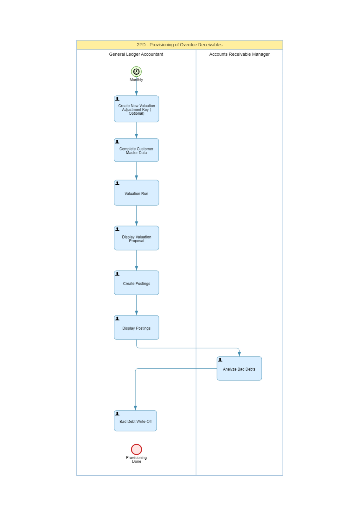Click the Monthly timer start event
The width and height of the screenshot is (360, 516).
[136, 72]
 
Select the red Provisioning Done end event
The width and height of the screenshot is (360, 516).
[137, 449]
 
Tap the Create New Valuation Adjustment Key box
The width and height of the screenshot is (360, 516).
[137, 109]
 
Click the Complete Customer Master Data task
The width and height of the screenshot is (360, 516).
[136, 150]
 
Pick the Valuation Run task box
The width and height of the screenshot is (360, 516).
[137, 193]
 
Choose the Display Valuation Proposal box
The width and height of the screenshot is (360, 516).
[137, 238]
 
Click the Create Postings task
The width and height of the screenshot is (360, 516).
[137, 283]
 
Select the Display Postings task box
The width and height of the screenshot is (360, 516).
[137, 327]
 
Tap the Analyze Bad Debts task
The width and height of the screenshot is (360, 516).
[239, 369]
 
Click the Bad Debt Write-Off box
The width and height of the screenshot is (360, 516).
[135, 421]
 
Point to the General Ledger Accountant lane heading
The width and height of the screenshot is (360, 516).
[136, 54]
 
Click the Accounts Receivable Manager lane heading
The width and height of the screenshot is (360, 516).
[240, 54]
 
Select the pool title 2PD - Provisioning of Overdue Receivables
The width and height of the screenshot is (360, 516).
[180, 45]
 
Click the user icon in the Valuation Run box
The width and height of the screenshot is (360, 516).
[117, 183]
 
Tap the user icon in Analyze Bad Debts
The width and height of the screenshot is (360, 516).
[220, 360]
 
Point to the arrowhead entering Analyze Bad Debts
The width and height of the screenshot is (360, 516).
[239, 354]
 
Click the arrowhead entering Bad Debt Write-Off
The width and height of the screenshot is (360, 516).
[135, 408]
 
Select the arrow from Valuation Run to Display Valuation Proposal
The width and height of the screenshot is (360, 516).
[137, 216]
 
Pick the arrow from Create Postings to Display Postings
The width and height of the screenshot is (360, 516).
[137, 305]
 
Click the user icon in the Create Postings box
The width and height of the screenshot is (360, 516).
[117, 274]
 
